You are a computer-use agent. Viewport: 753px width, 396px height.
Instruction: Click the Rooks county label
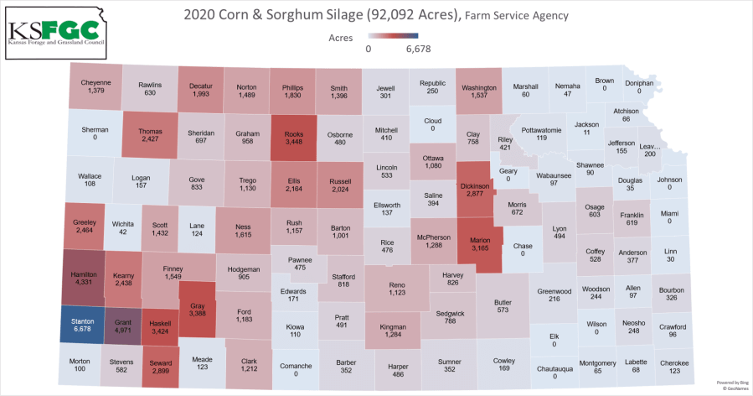tap(294, 132)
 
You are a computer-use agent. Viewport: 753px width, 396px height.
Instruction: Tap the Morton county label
tap(79, 361)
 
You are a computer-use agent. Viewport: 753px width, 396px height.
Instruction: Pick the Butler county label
tap(503, 300)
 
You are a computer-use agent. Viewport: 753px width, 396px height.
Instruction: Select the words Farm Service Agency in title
tap(516, 15)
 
